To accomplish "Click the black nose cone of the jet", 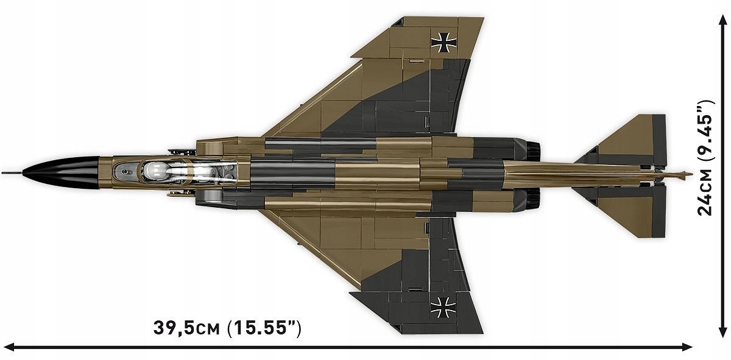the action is [62, 172].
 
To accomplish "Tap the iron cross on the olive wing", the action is [444, 43].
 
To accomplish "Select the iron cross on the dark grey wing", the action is [443, 307].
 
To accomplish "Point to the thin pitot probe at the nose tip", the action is [12, 172].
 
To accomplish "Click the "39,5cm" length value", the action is [186, 328].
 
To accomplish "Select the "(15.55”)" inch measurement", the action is [264, 328].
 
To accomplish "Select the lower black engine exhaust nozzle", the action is [532, 199].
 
